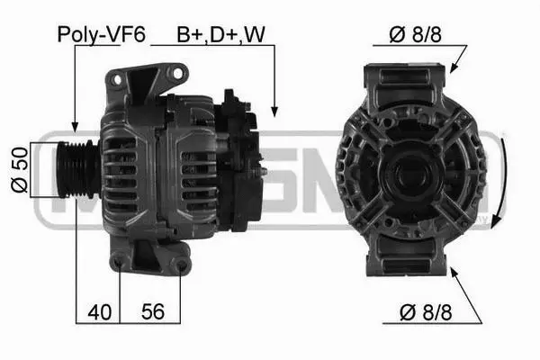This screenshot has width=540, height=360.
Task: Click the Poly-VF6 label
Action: point(101,34)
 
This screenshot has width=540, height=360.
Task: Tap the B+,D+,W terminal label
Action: point(220,34)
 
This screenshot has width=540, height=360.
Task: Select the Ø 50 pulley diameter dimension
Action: point(19,169)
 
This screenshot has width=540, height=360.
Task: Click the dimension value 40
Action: point(100,312)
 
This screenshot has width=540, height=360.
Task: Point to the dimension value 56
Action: point(153,311)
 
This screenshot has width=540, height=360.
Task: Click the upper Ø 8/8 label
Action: point(415,34)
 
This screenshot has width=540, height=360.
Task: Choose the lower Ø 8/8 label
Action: point(426,312)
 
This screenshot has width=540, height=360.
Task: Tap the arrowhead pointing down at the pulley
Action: point(75,127)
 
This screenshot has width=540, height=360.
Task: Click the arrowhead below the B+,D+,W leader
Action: point(274,112)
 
